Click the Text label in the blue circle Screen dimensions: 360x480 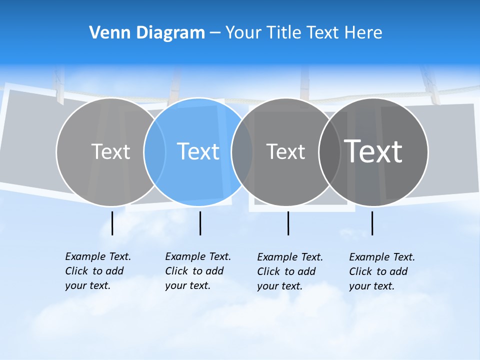pyautogui.click(x=198, y=151)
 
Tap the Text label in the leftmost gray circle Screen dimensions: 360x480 pyautogui.click(x=110, y=151)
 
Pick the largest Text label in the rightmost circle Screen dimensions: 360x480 pyautogui.click(x=373, y=151)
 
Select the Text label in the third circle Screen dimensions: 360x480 pyautogui.click(x=285, y=151)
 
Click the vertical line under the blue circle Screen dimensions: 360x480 pyautogui.click(x=200, y=223)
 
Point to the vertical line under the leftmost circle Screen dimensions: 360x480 pyautogui.click(x=112, y=223)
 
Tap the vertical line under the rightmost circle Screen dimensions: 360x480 pyautogui.click(x=372, y=223)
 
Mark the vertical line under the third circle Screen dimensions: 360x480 pyautogui.click(x=288, y=223)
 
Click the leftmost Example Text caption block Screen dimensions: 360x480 pyautogui.click(x=97, y=271)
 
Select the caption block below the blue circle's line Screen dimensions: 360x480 pyautogui.click(x=197, y=271)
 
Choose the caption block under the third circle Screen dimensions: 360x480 pyautogui.click(x=289, y=271)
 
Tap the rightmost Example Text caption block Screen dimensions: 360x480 pyautogui.click(x=381, y=271)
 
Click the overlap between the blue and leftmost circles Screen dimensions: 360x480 pyautogui.click(x=154, y=151)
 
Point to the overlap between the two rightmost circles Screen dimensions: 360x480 pyautogui.click(x=329, y=151)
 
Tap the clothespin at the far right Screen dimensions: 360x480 pyautogui.click(x=429, y=85)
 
